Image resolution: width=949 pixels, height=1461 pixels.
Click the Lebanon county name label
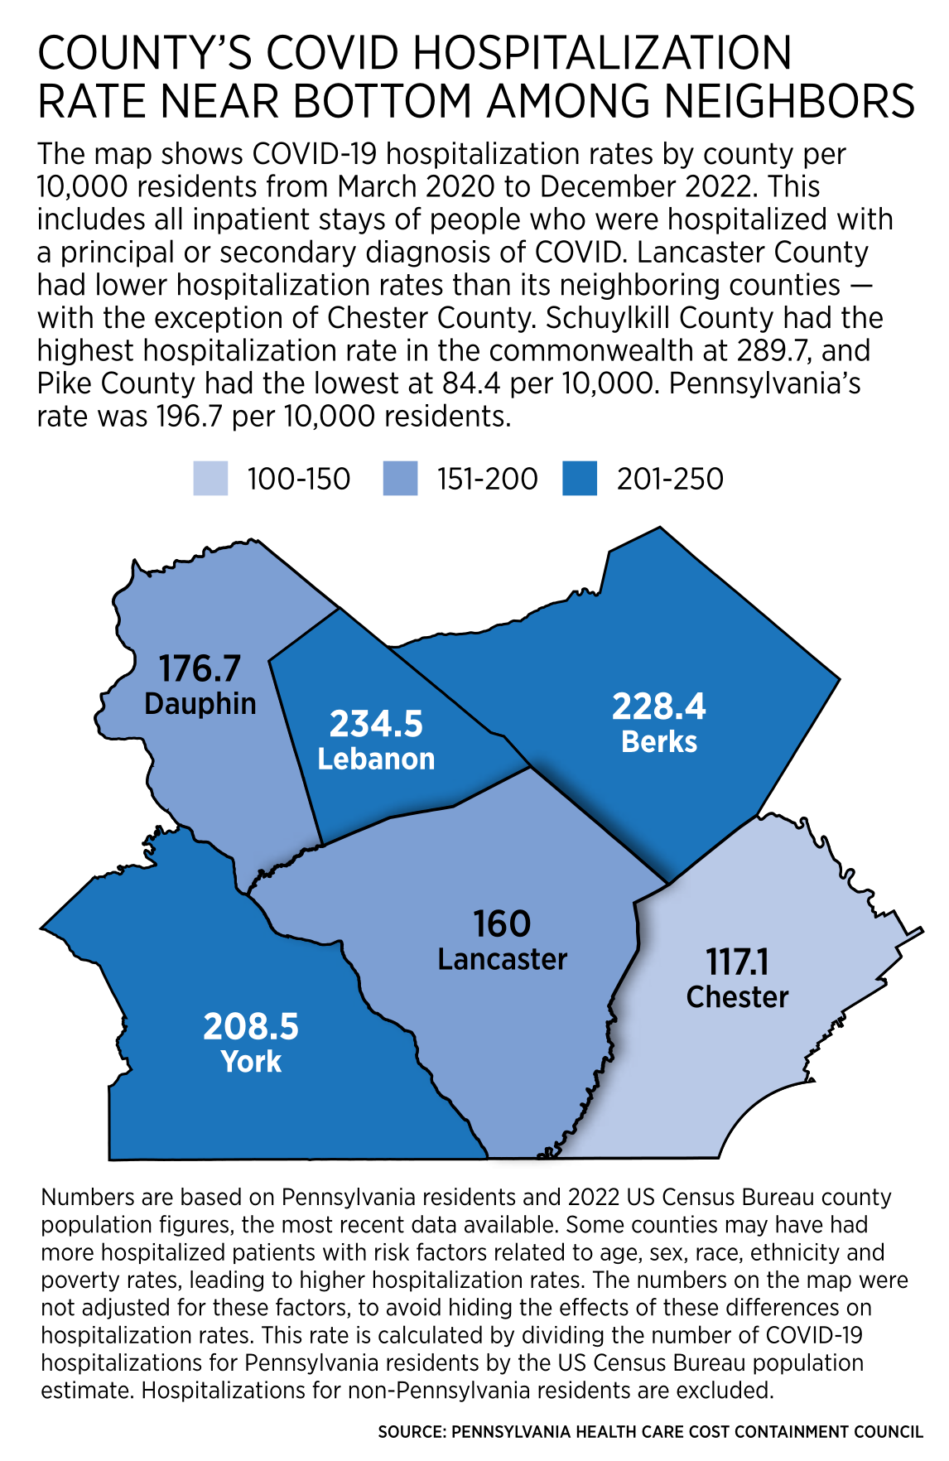[376, 759]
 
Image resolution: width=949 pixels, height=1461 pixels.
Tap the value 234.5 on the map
[376, 724]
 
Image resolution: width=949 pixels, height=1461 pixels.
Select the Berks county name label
[659, 741]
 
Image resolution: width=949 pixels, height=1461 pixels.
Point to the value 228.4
[659, 706]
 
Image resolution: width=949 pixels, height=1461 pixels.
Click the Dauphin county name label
[200, 704]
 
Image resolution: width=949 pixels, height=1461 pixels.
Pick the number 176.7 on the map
[200, 668]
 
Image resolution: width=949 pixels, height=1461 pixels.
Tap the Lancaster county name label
[502, 959]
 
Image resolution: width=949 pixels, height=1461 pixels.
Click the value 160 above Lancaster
[502, 924]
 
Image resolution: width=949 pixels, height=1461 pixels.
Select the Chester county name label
[737, 996]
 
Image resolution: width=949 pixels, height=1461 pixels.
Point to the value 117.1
[737, 962]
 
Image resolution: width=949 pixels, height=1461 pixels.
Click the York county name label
[251, 1062]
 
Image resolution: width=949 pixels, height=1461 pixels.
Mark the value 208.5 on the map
[251, 1027]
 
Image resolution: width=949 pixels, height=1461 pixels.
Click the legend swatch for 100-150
[210, 479]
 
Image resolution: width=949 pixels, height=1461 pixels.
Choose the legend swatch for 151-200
[401, 479]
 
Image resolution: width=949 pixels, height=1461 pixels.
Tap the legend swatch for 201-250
[580, 479]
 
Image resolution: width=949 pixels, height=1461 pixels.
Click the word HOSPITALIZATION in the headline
[603, 54]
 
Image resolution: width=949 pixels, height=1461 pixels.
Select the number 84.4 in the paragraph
[472, 383]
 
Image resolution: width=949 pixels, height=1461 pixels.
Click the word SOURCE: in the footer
[412, 1432]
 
